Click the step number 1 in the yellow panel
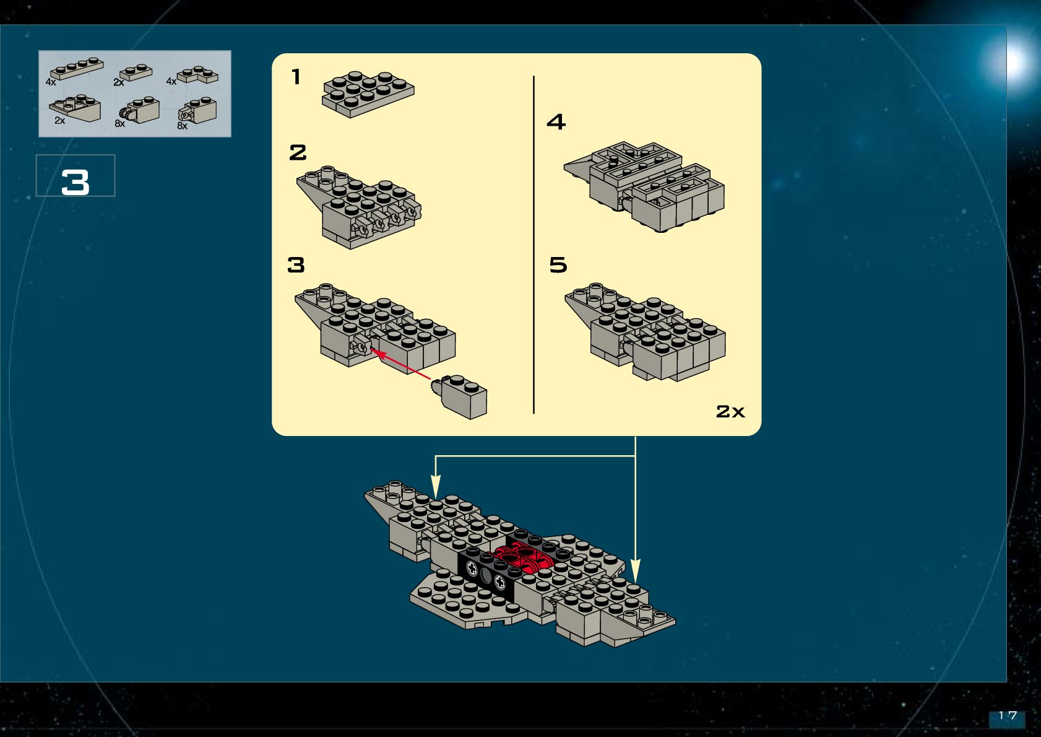click(296, 77)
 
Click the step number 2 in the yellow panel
click(298, 152)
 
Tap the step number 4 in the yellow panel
click(556, 121)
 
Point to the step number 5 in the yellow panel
click(558, 265)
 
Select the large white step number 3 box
click(76, 177)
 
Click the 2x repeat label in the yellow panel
click(730, 411)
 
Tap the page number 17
click(1008, 716)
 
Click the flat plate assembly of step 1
click(368, 94)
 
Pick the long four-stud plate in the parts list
click(77, 68)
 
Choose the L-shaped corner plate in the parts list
click(198, 75)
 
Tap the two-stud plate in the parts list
click(136, 72)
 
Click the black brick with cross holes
click(486, 573)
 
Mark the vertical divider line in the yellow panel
click(533, 245)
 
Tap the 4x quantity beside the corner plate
click(171, 82)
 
